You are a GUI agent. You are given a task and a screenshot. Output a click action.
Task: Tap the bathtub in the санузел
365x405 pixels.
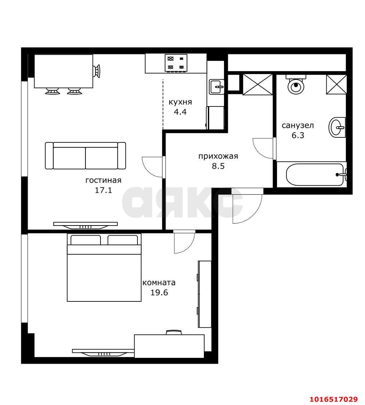click(x=315, y=174)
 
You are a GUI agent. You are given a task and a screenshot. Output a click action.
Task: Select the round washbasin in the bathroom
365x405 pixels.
click(x=337, y=127)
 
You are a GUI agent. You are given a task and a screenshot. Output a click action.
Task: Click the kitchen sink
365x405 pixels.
click(x=216, y=87)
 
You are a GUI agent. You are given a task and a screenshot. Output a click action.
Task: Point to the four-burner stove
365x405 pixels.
click(x=176, y=63)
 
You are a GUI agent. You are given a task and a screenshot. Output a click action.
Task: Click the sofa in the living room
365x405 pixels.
click(x=85, y=156)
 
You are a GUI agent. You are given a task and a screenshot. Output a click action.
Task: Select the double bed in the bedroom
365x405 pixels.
click(x=104, y=268)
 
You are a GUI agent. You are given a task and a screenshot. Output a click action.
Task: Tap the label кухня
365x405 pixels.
click(x=180, y=102)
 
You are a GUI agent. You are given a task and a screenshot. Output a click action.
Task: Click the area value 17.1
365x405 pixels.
click(x=103, y=190)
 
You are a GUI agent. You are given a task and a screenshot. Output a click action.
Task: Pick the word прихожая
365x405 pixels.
click(x=218, y=156)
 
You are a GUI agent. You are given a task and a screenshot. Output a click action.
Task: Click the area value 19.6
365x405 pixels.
click(x=159, y=293)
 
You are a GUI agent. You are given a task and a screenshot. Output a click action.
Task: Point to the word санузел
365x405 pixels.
click(x=298, y=126)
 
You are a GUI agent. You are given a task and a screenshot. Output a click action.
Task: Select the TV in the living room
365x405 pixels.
click(x=85, y=225)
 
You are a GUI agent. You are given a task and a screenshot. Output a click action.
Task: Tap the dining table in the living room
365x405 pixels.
click(x=64, y=71)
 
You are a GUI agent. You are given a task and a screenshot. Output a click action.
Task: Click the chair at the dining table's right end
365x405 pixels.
click(x=97, y=71)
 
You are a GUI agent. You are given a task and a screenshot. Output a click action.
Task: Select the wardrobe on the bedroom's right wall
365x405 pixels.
click(x=205, y=294)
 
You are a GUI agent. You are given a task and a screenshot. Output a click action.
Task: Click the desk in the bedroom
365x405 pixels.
click(x=169, y=346)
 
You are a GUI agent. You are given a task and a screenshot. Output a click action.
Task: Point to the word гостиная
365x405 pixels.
click(x=103, y=180)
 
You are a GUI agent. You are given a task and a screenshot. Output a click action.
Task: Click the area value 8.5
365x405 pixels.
click(x=218, y=166)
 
